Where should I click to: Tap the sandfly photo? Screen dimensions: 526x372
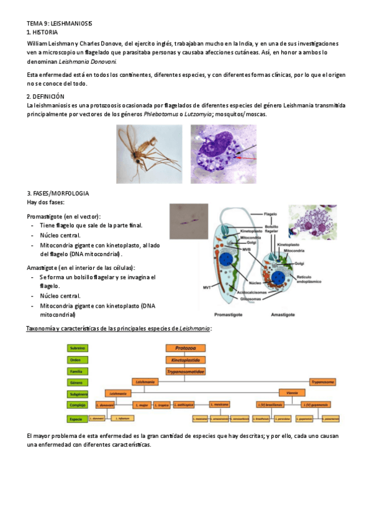(x=149, y=154)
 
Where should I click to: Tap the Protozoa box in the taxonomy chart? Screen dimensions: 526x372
(x=185, y=349)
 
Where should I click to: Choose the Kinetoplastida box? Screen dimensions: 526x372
(x=185, y=360)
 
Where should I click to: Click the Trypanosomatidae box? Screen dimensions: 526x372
(x=185, y=371)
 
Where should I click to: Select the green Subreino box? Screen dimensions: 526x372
(x=78, y=349)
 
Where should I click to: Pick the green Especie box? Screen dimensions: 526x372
(x=78, y=419)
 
